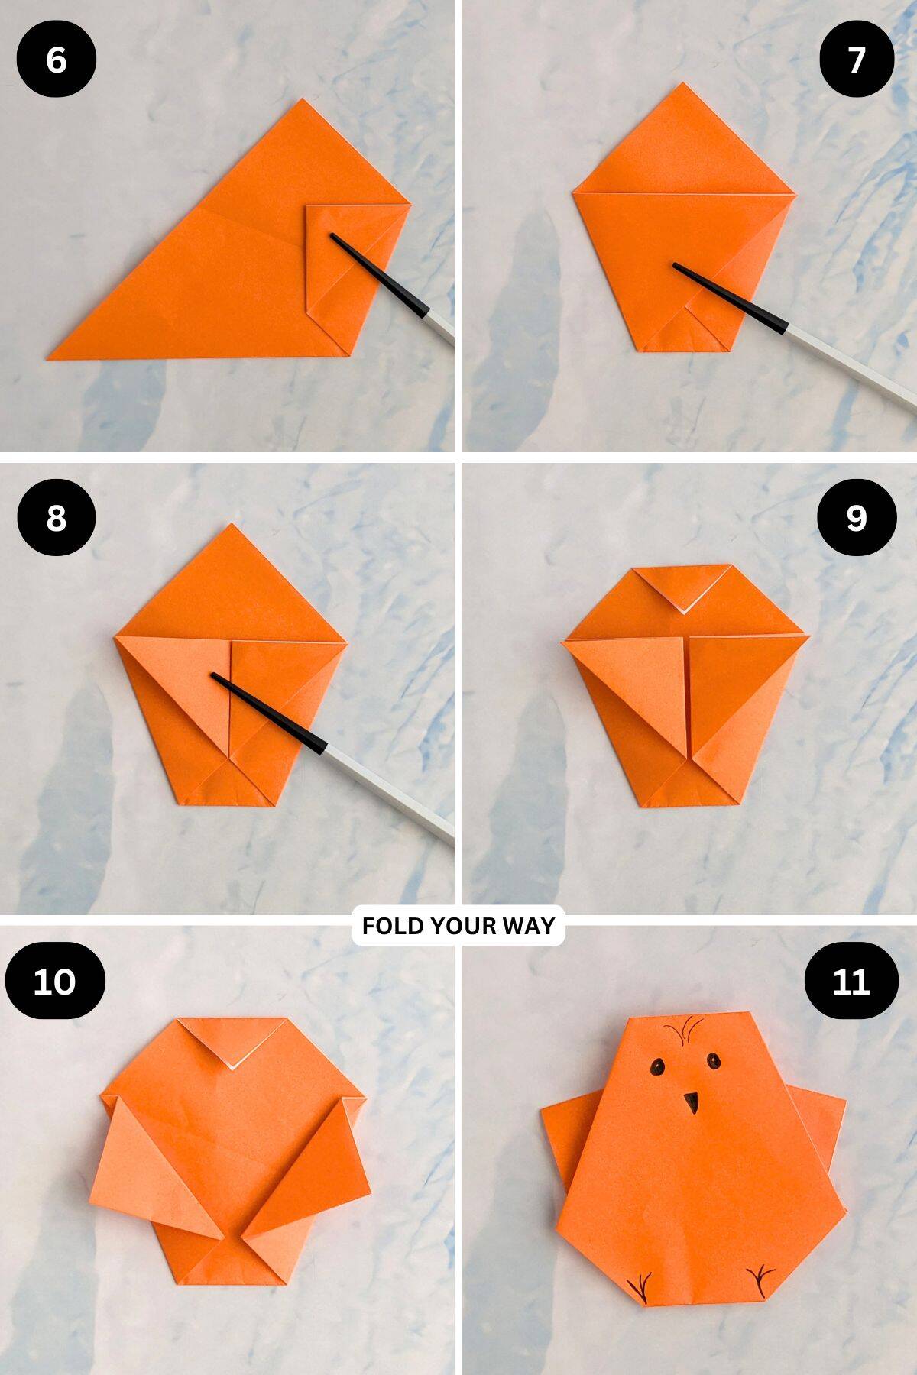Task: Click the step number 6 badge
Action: pyautogui.click(x=56, y=60)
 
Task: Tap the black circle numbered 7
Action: pyautogui.click(x=856, y=60)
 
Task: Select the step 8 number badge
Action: pyautogui.click(x=56, y=518)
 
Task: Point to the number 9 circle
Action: pyautogui.click(x=856, y=518)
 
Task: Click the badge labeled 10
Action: pyautogui.click(x=55, y=980)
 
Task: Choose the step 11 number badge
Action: pyautogui.click(x=851, y=980)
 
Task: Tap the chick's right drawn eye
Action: pyautogui.click(x=713, y=1060)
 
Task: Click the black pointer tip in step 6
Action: pyautogui.click(x=334, y=238)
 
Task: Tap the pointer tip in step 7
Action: pyautogui.click(x=676, y=266)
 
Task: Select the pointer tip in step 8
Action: pyautogui.click(x=215, y=676)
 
